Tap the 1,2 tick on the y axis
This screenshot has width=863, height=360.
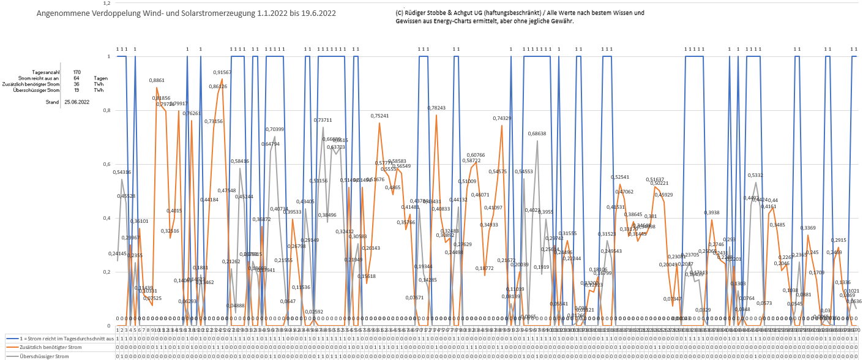(x=106, y=3)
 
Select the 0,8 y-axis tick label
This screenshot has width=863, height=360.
(x=106, y=110)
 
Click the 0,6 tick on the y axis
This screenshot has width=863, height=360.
(x=106, y=164)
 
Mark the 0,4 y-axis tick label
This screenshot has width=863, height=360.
(x=106, y=218)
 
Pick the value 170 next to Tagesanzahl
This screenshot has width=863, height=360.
(x=77, y=72)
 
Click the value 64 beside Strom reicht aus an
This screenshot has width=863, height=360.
(x=77, y=78)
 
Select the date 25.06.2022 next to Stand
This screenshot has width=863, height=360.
(x=77, y=102)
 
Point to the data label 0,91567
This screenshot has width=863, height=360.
(x=222, y=72)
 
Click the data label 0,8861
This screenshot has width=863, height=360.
(x=157, y=80)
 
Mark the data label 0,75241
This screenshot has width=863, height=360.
(x=379, y=116)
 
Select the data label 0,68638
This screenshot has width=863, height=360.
(x=537, y=133)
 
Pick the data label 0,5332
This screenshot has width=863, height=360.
(x=755, y=175)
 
